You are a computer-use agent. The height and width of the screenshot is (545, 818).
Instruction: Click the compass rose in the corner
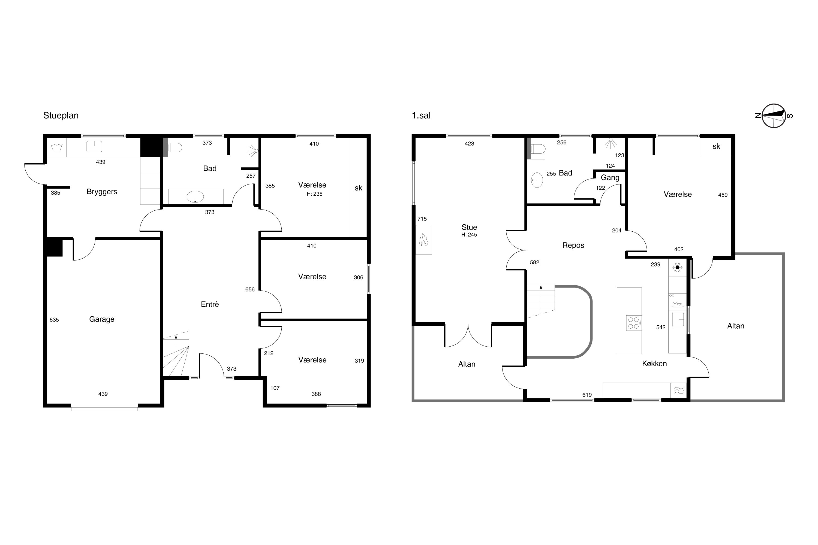pos(774,116)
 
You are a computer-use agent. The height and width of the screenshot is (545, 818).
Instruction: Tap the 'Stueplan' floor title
pos(61,115)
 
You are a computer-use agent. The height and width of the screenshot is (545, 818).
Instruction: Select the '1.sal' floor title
pos(421,115)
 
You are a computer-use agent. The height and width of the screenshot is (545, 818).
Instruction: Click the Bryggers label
pos(102,192)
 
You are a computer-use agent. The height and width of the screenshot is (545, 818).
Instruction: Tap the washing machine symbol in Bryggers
pos(56,147)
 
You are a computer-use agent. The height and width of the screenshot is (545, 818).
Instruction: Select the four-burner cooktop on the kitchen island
pos(634,323)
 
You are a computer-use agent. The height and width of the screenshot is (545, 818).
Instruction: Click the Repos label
pos(573,246)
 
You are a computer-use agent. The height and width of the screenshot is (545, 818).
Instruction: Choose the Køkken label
pos(654,364)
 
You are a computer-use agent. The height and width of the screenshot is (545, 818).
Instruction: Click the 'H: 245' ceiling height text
pos(469,235)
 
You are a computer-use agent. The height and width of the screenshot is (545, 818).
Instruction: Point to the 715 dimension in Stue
pos(422,219)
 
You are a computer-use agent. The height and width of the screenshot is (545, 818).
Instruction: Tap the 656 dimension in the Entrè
pos(250,289)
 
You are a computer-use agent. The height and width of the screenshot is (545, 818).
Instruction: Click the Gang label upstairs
pos(610,178)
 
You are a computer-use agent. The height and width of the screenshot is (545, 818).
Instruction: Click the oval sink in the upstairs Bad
pos(537,180)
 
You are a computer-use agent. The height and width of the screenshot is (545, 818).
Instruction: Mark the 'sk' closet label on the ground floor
pos(359,188)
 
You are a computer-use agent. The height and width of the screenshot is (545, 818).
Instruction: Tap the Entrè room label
pos(210,304)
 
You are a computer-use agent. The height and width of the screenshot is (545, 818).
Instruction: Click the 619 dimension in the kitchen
pos(587,395)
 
